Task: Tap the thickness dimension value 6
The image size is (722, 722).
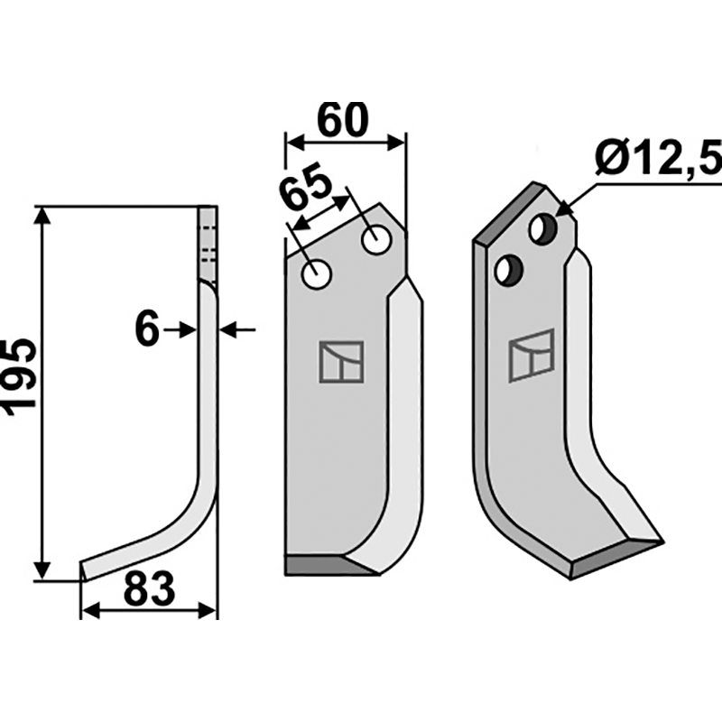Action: pyautogui.click(x=146, y=330)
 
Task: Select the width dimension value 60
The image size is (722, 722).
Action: pyautogui.click(x=343, y=120)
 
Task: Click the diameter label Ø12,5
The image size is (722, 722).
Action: pyautogui.click(x=659, y=161)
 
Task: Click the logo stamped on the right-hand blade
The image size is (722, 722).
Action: pyautogui.click(x=531, y=356)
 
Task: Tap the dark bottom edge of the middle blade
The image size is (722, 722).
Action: pyautogui.click(x=329, y=565)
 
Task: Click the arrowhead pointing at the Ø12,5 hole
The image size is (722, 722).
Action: pyautogui.click(x=564, y=210)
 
